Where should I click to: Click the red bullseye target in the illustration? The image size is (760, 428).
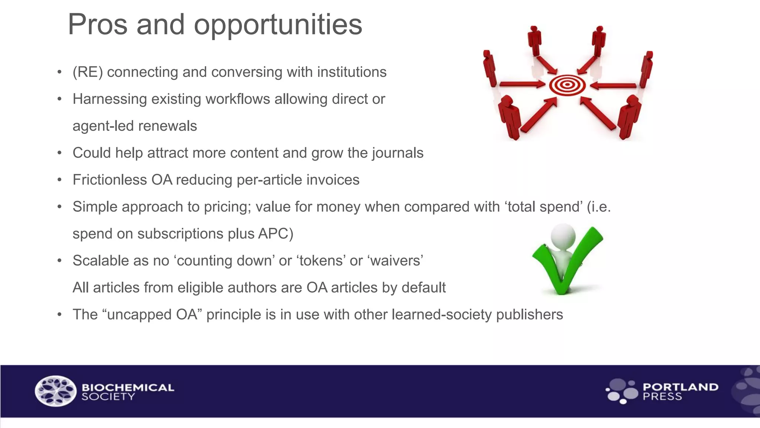point(567,85)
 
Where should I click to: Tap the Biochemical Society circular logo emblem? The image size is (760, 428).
point(56,391)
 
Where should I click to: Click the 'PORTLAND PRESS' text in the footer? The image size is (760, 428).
point(680,392)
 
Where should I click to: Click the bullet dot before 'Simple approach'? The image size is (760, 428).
point(59,207)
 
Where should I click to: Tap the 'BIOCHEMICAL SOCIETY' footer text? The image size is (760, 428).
point(128,392)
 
